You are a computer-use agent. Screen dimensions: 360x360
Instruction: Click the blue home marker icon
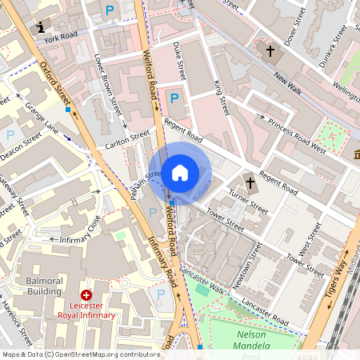click(x=180, y=172)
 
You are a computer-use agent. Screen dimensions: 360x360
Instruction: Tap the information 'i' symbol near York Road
click(x=41, y=28)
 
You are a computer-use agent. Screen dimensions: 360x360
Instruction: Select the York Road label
click(x=61, y=38)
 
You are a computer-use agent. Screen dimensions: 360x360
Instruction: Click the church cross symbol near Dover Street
click(x=270, y=52)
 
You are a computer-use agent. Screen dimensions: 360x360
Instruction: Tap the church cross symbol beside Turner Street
click(x=250, y=183)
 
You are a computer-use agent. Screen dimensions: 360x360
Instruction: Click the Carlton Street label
click(x=127, y=140)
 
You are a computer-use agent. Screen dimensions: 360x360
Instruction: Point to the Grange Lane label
click(x=42, y=116)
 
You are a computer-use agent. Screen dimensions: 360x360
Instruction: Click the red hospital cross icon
click(x=86, y=296)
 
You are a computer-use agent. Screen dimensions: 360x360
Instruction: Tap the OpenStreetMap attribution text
click(x=80, y=354)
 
